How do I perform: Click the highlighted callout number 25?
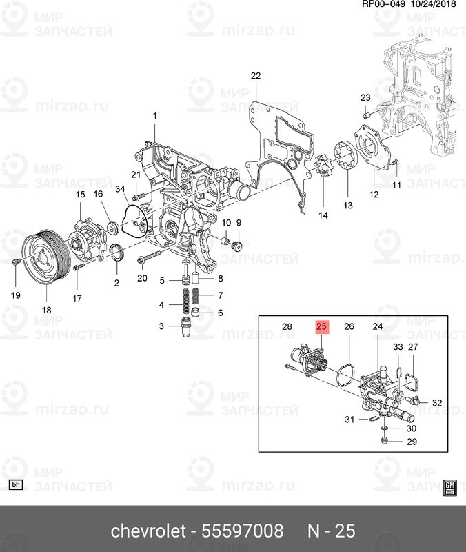click(x=322, y=326)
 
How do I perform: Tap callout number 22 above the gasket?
click(x=256, y=76)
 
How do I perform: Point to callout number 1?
click(x=155, y=115)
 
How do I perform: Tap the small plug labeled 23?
click(x=368, y=112)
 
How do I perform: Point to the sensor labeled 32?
click(x=417, y=400)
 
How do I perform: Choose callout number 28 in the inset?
click(x=287, y=326)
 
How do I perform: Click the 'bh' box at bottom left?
click(x=17, y=484)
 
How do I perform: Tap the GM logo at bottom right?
click(x=450, y=487)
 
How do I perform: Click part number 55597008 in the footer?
click(x=242, y=531)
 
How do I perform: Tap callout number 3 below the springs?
click(x=161, y=326)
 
